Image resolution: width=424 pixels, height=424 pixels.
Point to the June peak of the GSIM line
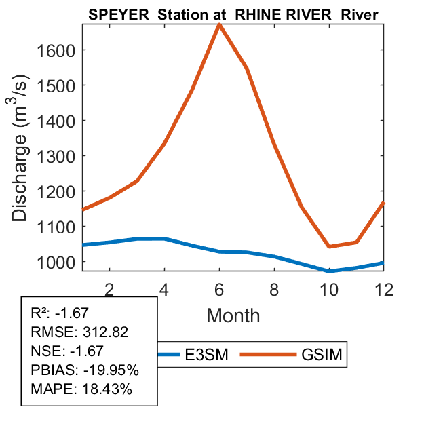point(219,24)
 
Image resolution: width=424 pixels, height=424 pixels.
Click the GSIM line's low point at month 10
point(329,246)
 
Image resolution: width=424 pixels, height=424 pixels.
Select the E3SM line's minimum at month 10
point(329,271)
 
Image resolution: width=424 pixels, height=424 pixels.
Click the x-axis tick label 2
point(109,288)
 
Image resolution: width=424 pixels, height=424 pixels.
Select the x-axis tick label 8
point(274,288)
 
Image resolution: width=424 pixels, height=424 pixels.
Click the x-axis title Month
point(233,315)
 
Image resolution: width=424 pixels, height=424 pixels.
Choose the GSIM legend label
point(323,354)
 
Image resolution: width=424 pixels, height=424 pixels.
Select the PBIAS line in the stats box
point(85,370)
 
